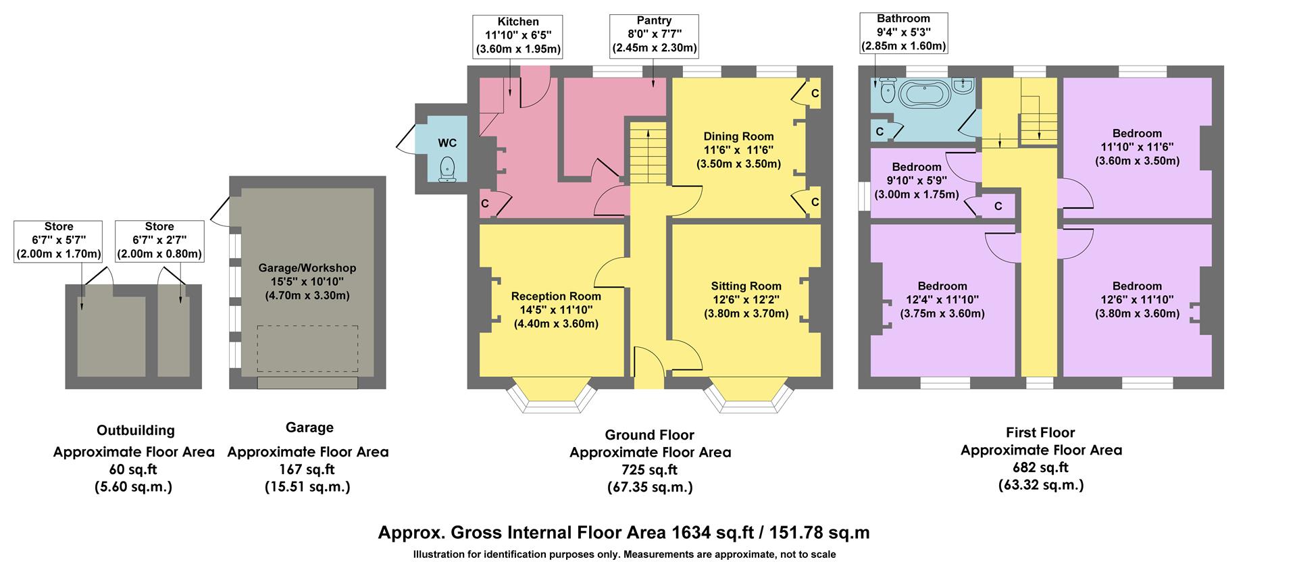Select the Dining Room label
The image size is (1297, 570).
pos(738,136)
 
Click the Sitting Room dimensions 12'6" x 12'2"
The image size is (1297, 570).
pos(746,300)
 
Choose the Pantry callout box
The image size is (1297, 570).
pos(654,35)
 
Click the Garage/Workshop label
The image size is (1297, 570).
pos(307,268)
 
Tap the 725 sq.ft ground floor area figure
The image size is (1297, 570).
pos(649,470)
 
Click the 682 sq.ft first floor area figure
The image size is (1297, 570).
pos(1040,467)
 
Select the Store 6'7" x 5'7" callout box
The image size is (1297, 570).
pos(59,240)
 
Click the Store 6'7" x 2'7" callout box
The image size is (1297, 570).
pos(159,240)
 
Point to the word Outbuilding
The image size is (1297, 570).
pos(135,431)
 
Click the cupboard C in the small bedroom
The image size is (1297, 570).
pos(998,207)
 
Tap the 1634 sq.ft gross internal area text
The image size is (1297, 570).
pos(623,533)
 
